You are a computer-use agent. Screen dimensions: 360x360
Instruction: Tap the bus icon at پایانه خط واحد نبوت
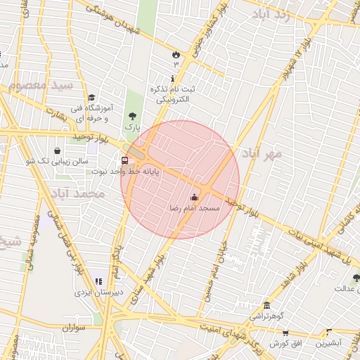tap(124, 160)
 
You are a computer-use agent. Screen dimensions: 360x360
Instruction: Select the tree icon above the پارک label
tap(132, 116)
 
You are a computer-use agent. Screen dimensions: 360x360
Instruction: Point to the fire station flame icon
tap(175, 54)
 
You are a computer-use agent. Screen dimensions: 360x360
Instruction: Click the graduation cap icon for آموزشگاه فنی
tap(91, 98)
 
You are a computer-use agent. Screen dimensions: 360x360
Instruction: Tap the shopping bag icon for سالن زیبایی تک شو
tap(57, 150)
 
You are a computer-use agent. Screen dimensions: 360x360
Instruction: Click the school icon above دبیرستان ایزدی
tap(98, 281)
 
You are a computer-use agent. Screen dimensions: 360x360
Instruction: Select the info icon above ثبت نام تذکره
tap(173, 79)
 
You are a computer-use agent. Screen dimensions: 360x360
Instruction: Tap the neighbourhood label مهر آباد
tap(262, 153)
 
